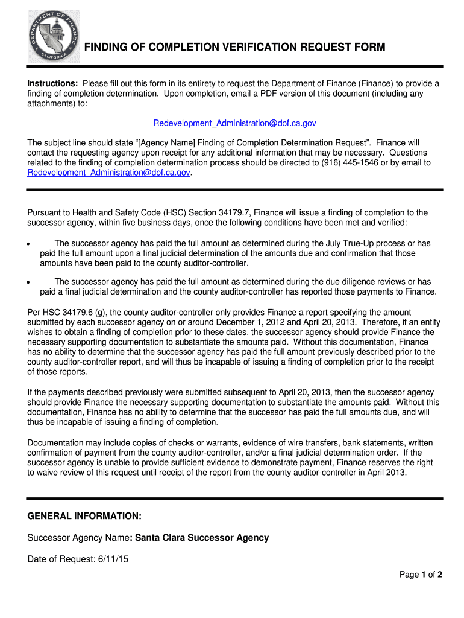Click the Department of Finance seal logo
54,36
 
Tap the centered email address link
234,123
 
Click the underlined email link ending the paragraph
108,173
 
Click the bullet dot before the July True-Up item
28,244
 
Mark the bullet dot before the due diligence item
28,282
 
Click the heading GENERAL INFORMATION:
84,517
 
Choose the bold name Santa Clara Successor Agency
202,538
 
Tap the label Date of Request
60,559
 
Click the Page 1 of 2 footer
421,575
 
